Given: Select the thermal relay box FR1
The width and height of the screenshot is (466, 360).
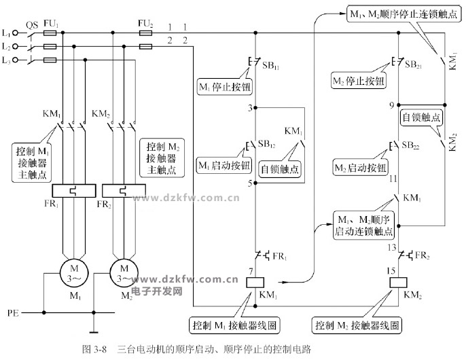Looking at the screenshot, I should (x=71, y=192).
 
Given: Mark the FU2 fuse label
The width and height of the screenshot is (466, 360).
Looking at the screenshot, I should (x=145, y=23).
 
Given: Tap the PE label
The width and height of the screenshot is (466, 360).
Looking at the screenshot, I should (x=13, y=313).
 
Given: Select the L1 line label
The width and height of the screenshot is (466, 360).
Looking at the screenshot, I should (x=7, y=33).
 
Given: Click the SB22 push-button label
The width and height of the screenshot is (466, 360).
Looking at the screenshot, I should (x=412, y=145).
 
